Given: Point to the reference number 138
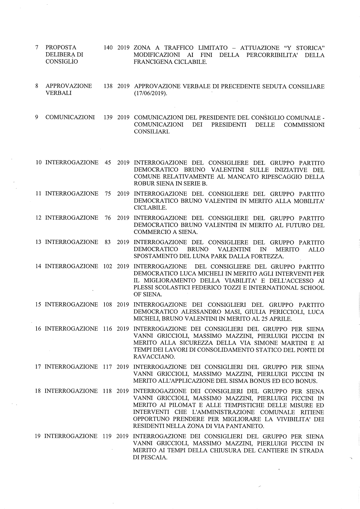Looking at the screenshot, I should [108, 86].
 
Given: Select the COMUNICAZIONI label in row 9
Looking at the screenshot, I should [70, 118].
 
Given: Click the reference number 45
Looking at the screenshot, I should [108, 163].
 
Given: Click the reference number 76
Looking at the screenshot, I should [108, 218].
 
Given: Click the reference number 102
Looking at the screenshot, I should [108, 266].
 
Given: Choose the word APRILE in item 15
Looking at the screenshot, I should [279, 319].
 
